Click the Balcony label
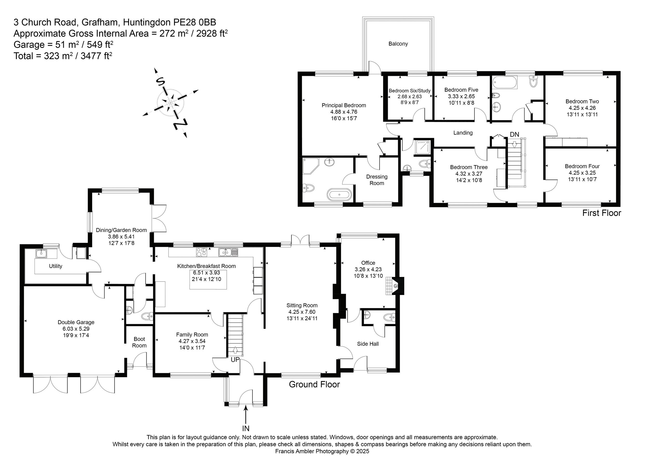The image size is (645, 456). point(398,44)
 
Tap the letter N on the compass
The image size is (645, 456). point(180,124)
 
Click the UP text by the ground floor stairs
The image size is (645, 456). point(235,360)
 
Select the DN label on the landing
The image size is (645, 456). point(514,135)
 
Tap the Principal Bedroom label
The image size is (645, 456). point(344,105)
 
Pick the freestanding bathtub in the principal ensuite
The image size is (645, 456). point(339,194)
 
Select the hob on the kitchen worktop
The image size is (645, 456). point(201,252)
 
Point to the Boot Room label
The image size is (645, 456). point(139,342)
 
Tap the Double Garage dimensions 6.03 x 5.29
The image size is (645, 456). point(76,329)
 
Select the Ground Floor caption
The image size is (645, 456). point(314,384)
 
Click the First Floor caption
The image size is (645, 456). point(602,213)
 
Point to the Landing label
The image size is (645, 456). point(463,133)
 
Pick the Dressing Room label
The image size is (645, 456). point(377,180)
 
